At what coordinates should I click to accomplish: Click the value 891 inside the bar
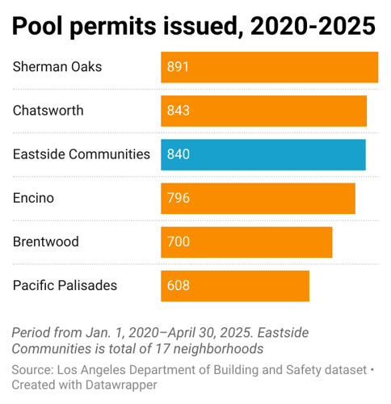tap(178, 67)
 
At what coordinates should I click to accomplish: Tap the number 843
tap(178, 111)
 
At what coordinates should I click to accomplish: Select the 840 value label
tap(178, 154)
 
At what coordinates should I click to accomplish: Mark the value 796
tap(178, 198)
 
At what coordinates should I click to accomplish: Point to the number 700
tap(178, 242)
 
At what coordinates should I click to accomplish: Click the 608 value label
tap(178, 285)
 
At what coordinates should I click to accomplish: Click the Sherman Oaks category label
tap(57, 66)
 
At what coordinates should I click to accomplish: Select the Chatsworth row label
tap(48, 110)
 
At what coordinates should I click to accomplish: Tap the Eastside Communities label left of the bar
tap(82, 154)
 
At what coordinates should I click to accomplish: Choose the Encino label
tap(34, 197)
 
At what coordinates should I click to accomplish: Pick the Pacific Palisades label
tap(65, 284)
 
